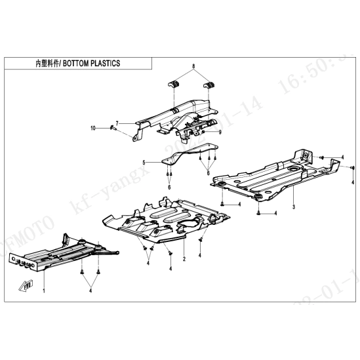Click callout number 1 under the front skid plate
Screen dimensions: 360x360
44,289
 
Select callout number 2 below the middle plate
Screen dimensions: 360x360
184,259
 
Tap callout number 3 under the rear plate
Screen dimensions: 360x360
294,207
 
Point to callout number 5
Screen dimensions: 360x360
143,162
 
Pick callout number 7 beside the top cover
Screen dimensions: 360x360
117,123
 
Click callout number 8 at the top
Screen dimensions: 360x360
193,67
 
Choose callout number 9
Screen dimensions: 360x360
220,132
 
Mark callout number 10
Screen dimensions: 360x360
93,127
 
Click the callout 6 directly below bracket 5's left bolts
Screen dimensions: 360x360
169,187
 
